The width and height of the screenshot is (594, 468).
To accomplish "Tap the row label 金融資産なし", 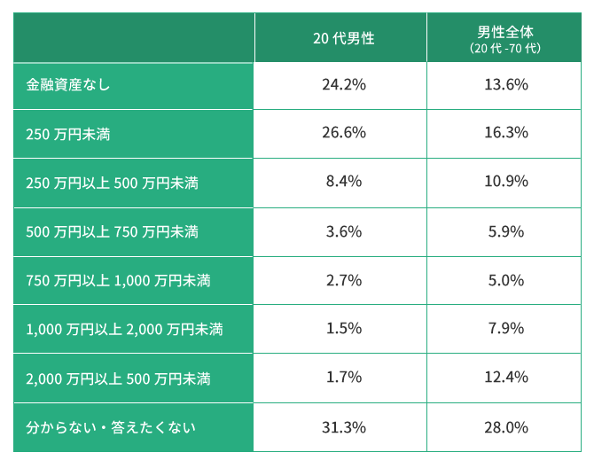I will pyautogui.click(x=68, y=85).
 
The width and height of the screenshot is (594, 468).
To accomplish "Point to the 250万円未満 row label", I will pyautogui.click(x=68, y=134).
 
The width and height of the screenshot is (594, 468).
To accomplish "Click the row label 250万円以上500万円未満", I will pyautogui.click(x=112, y=183).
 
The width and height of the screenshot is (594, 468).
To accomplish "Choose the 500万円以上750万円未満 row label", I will pyautogui.click(x=112, y=231).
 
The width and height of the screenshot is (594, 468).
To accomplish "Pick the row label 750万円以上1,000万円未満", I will pyautogui.click(x=118, y=280).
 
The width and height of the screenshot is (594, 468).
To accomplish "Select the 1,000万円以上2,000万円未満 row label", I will pyautogui.click(x=124, y=330).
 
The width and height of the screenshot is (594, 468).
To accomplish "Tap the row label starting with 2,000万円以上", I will pyautogui.click(x=118, y=378).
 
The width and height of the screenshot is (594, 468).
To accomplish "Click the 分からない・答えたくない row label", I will pyautogui.click(x=111, y=427).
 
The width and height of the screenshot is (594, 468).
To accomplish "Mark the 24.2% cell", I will pyautogui.click(x=343, y=85).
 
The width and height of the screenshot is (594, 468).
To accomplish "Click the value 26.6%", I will pyautogui.click(x=343, y=133).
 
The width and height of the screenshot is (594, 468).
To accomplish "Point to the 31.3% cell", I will pyautogui.click(x=343, y=427).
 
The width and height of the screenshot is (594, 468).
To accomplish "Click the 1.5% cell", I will pyautogui.click(x=343, y=329).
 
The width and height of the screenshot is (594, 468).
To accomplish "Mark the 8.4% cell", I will pyautogui.click(x=343, y=182).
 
